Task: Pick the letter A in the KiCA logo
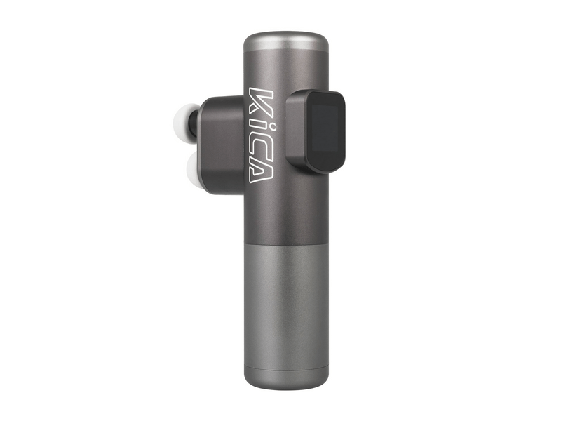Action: click(259, 171)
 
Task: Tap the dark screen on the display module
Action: click(327, 132)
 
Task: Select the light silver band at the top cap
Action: click(286, 44)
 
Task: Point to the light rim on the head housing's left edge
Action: click(200, 144)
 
